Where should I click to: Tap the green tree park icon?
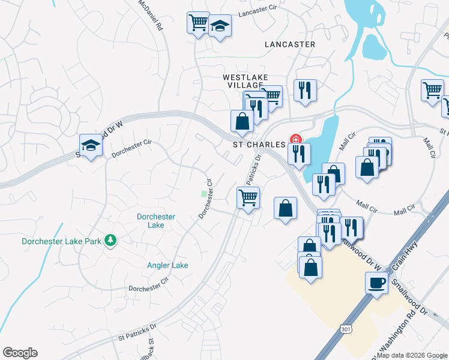coord(110,241)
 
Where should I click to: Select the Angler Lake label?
coord(167,265)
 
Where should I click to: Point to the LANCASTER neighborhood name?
coord(290,44)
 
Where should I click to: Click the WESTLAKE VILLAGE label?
coord(245,82)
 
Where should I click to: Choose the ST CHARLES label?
coord(259,145)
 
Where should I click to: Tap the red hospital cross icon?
coord(295,139)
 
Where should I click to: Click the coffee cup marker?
coord(376,282)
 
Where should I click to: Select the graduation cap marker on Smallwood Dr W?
coord(91,145)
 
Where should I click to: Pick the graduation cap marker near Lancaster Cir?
coord(220,26)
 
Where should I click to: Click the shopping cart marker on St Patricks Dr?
coord(248,196)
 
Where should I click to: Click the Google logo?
coord(20,353)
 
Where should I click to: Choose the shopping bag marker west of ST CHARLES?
coord(241,120)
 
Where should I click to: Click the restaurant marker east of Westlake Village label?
coord(305,91)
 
